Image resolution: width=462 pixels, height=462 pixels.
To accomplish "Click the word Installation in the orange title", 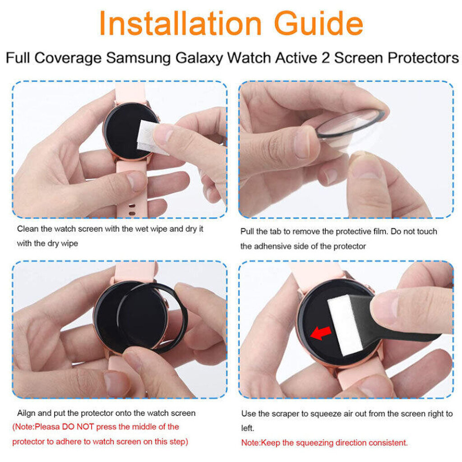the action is point(180,23).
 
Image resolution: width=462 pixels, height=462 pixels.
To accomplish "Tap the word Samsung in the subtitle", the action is point(138,58).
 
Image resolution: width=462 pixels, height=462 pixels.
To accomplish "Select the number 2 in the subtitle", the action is point(325,58).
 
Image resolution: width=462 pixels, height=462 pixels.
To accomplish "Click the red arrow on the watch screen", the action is point(321,333).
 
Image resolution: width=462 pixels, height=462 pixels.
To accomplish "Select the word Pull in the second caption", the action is point(247,231).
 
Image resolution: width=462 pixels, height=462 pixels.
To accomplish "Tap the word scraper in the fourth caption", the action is point(285,414).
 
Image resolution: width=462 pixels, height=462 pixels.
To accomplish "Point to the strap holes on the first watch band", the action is point(132,210).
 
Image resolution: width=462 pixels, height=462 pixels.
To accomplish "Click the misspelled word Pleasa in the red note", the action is point(47,427).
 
